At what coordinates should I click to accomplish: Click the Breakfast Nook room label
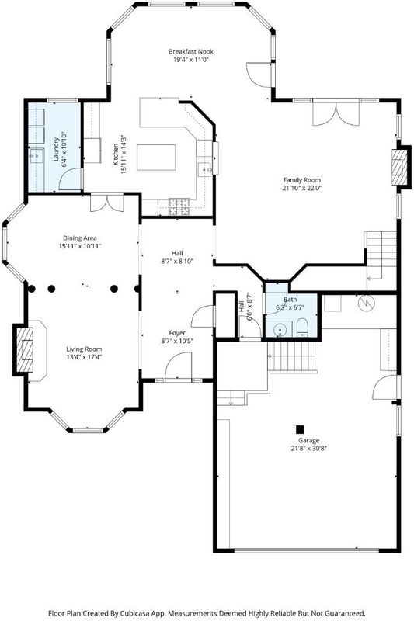coord(190,51)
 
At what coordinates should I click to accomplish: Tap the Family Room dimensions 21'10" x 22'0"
coord(301,189)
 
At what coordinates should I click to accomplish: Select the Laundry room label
coord(56,149)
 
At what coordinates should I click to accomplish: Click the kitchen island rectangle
coord(156,158)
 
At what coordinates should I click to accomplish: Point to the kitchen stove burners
coord(180,206)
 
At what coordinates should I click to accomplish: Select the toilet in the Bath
coord(302,327)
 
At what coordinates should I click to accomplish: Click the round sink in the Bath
coord(280,329)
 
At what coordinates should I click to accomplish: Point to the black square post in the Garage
coord(301,429)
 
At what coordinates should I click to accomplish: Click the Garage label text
coord(309,440)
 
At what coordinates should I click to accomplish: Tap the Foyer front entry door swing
coord(178,367)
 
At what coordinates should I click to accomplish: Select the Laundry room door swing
coord(71,180)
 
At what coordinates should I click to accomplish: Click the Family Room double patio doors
coord(336,114)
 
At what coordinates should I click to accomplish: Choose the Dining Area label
coord(80,238)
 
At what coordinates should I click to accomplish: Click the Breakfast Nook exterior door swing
coord(259,75)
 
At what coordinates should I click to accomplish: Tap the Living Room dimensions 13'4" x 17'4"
coord(84,357)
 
